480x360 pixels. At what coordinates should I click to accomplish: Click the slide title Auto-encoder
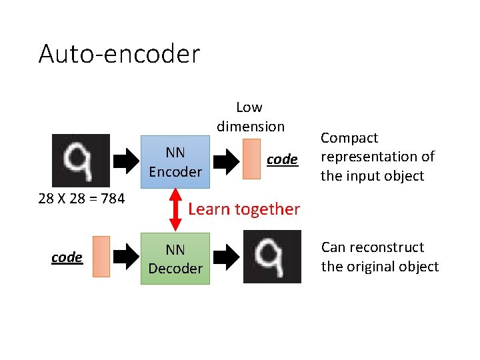coord(119,54)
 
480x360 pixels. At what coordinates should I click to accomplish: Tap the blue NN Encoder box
coord(175,162)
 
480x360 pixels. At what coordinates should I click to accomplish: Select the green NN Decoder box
coord(175,259)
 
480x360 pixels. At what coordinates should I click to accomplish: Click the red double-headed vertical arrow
coord(175,207)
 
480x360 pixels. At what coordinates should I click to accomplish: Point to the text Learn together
coord(244,209)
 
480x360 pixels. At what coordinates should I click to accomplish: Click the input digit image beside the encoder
coord(81,160)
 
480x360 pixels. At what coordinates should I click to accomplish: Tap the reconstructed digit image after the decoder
coord(272,257)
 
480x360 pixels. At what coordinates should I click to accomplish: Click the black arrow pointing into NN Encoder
coord(126,161)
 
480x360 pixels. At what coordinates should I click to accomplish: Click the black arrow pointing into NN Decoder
coord(125,257)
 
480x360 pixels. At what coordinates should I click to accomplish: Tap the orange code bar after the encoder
coord(251,159)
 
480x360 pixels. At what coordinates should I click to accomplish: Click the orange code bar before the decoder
coord(101,257)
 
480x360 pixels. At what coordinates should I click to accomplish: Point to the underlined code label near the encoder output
coord(282,159)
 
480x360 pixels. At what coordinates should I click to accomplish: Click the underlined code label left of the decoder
coord(67,257)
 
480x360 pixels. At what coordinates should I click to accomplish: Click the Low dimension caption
coord(250,117)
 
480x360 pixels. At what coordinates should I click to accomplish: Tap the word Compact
coord(349,138)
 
